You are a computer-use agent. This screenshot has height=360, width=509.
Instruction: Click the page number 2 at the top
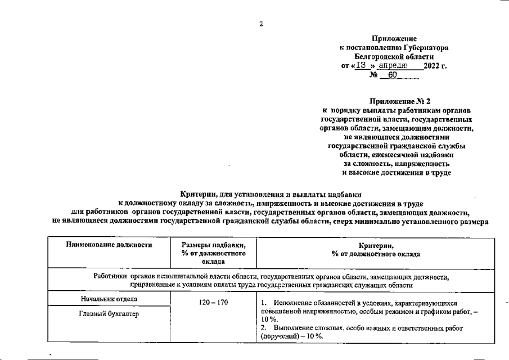pyautogui.click(x=260, y=23)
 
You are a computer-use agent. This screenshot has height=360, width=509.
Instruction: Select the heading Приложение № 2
pyautogui.click(x=399, y=101)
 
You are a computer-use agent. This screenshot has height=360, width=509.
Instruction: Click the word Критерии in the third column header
pyautogui.click(x=376, y=246)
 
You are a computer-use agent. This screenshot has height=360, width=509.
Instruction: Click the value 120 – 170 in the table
pyautogui.click(x=213, y=303)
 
